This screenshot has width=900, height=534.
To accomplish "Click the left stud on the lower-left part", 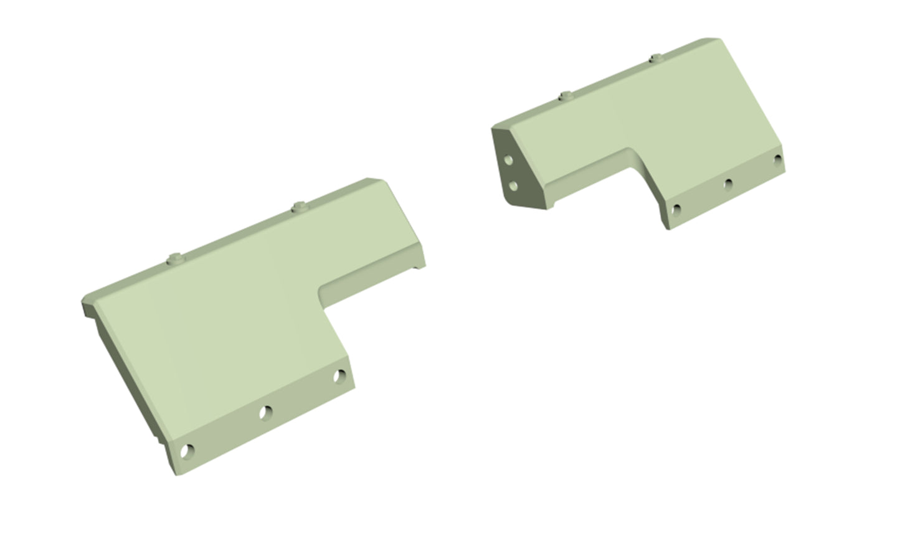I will tap(177, 258).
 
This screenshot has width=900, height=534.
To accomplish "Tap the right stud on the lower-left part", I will tap(300, 206).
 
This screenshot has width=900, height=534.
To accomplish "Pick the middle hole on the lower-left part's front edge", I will tap(266, 411).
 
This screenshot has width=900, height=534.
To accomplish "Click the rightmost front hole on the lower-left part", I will tap(339, 376).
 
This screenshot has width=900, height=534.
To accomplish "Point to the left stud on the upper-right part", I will tap(566, 96).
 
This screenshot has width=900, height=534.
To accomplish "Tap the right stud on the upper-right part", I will tap(655, 59).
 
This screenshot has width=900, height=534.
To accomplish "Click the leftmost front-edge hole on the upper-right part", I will tap(677, 209).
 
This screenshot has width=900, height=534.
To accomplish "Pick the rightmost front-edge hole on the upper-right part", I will tap(777, 159).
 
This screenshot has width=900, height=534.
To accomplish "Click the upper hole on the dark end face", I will tap(509, 160).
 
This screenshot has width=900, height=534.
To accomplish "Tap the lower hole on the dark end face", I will tap(513, 185).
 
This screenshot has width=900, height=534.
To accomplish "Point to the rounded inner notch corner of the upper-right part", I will tap(635, 153).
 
